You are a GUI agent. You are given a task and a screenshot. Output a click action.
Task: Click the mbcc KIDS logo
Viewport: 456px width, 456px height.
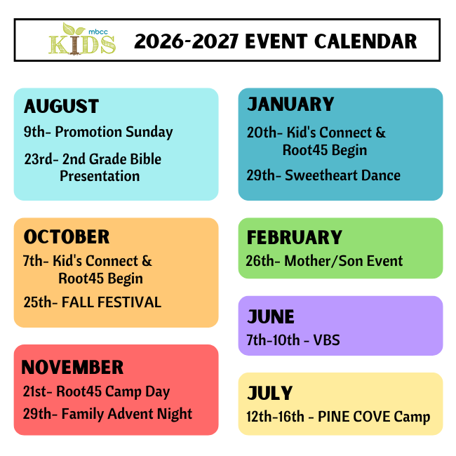tap(82, 39)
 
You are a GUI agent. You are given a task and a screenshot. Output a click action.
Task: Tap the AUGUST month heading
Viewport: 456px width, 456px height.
tap(61, 106)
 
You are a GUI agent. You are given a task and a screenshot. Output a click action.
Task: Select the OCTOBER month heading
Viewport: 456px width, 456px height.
tap(67, 236)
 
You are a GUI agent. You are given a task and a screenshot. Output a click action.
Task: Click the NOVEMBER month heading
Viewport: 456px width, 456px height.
tap(72, 367)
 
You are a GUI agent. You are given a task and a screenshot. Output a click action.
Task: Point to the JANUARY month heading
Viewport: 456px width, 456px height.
tap(290, 104)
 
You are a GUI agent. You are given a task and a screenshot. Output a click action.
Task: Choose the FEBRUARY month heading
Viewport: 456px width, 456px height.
tap(295, 237)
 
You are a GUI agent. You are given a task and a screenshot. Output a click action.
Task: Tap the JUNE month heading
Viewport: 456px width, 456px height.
tap(271, 316)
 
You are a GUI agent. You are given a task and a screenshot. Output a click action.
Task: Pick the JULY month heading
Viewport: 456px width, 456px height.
tap(269, 393)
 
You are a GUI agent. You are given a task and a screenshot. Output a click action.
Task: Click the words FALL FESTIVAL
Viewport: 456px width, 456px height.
tap(112, 302)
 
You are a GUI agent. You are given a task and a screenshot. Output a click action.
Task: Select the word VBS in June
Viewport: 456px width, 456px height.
tap(326, 340)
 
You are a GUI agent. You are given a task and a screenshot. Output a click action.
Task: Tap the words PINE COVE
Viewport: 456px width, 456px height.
tap(354, 417)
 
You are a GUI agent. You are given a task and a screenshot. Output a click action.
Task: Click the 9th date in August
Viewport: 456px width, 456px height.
tap(34, 132)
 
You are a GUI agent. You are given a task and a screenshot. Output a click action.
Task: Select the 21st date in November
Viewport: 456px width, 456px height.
tap(34, 391)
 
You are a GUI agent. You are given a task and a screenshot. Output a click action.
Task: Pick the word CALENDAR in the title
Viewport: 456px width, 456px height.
tap(366, 41)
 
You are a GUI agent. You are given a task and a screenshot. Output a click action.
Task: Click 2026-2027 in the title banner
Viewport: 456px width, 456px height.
tap(187, 41)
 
